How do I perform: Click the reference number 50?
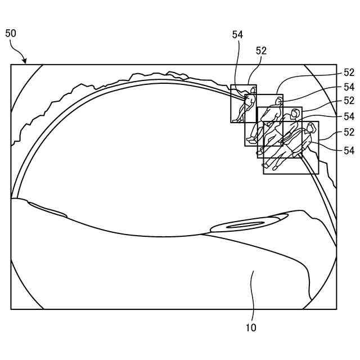(11, 33)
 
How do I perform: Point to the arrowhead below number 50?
(25, 61)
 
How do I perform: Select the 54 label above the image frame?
(237, 35)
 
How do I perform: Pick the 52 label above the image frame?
(261, 51)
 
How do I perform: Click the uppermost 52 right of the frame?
(349, 73)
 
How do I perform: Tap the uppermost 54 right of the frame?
(349, 87)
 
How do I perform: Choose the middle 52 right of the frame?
(349, 101)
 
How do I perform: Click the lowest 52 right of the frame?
(349, 132)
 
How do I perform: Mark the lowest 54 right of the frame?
(349, 150)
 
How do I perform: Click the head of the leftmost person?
(251, 99)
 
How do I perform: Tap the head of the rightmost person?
(308, 128)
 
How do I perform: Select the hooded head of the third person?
(294, 114)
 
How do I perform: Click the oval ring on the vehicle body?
(246, 225)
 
